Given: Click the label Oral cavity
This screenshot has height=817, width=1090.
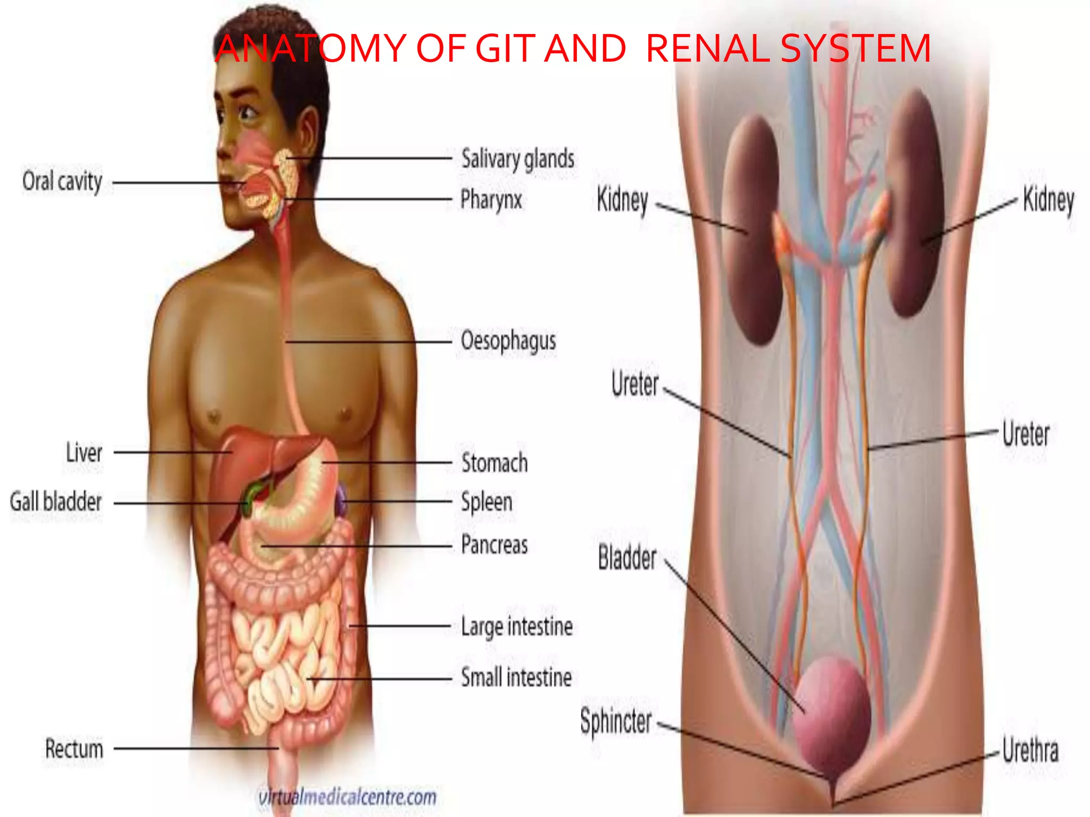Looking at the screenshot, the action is click(x=62, y=181).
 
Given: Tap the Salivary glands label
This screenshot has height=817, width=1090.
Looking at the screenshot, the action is click(x=517, y=159).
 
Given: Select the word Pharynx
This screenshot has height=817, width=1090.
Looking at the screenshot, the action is click(x=491, y=200).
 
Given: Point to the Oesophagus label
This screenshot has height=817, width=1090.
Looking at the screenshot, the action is click(x=508, y=341).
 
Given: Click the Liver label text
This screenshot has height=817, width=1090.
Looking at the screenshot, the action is click(x=84, y=453).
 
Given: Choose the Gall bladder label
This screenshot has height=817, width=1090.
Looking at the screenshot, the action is click(x=56, y=502).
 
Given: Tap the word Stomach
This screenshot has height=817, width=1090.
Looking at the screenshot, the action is click(x=494, y=463).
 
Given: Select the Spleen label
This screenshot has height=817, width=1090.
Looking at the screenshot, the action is click(x=486, y=502).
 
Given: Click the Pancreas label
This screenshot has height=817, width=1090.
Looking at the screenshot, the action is click(x=494, y=545).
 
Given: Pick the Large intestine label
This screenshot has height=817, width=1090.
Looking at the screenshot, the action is click(x=517, y=626).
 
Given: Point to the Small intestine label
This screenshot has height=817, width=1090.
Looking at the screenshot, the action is click(x=516, y=678).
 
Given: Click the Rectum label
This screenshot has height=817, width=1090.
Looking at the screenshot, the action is click(x=74, y=748).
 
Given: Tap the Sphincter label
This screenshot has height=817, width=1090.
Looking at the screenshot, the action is click(x=616, y=722).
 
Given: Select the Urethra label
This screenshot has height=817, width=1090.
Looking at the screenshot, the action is click(x=1030, y=750).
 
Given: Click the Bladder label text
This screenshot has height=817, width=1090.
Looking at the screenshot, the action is click(x=627, y=557).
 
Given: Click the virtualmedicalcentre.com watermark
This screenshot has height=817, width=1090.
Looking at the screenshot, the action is click(x=347, y=797).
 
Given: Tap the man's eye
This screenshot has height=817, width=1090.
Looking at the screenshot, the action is click(x=247, y=112).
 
